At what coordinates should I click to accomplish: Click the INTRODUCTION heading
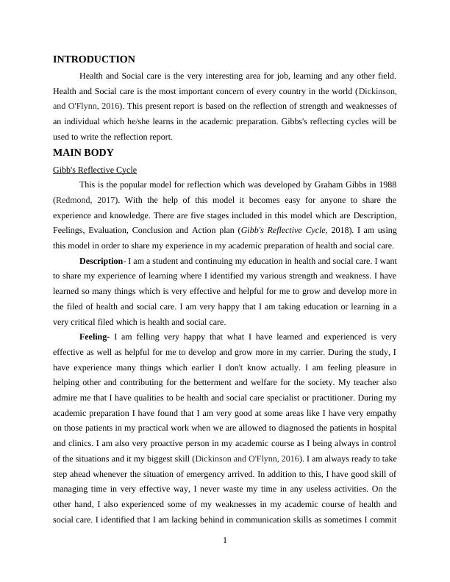click(94, 60)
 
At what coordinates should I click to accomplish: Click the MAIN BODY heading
click(83, 153)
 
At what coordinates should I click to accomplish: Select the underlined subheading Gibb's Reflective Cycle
click(95, 170)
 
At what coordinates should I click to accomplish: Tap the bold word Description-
click(101, 261)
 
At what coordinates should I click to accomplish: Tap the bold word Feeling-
click(94, 337)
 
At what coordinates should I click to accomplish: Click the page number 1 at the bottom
click(225, 542)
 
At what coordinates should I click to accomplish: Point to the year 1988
click(385, 184)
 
